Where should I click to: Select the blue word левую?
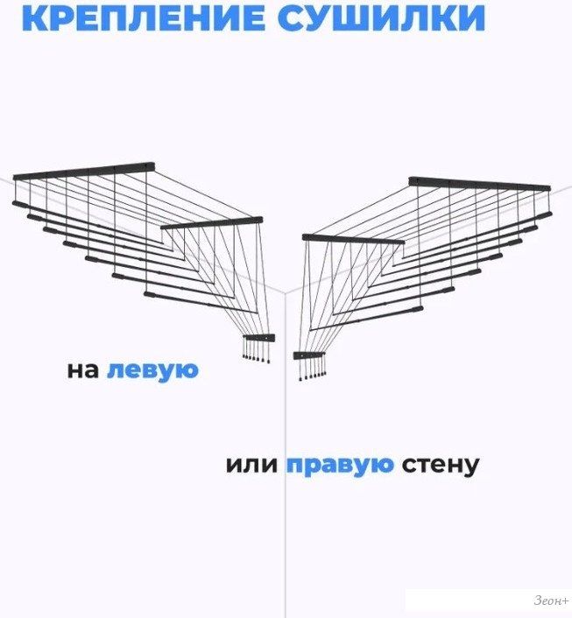click(152, 371)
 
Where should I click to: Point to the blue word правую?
click(340, 465)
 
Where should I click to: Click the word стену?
click(441, 465)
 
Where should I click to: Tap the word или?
click(251, 465)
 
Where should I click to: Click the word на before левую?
click(83, 371)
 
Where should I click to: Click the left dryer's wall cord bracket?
click(258, 338)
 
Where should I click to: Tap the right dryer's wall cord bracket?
click(309, 355)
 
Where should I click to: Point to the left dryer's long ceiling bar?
click(83, 172)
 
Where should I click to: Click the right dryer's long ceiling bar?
click(480, 184)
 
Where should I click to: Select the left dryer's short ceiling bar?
click(212, 222)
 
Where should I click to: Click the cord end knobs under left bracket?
click(257, 358)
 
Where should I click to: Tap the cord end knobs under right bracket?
click(312, 376)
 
